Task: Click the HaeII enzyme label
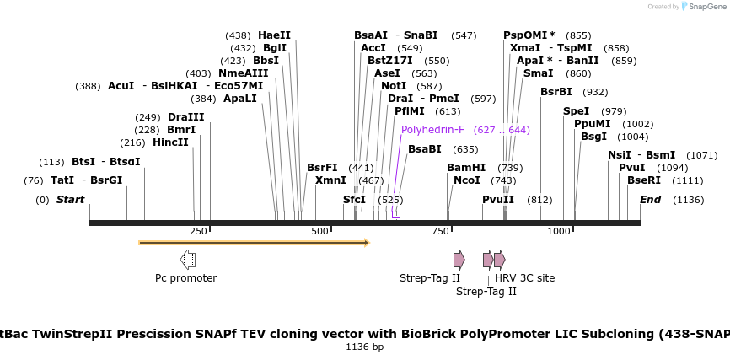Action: tap(274, 35)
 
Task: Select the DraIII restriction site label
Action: tap(185, 117)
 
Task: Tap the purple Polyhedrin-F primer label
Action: tap(432, 130)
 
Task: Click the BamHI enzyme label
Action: tap(466, 168)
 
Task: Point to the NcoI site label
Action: tap(466, 180)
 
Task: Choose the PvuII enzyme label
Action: tap(498, 200)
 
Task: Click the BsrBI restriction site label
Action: tap(556, 92)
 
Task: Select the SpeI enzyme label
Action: tap(576, 111)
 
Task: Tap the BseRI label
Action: tap(644, 180)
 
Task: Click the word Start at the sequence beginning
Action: tap(71, 200)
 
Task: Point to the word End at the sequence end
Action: tap(650, 200)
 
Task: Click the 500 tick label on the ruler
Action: tap(320, 231)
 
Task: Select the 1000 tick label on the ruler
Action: tap(560, 231)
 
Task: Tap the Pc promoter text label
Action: tap(185, 278)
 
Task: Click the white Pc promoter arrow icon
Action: tap(188, 260)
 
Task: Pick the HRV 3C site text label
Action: tap(524, 278)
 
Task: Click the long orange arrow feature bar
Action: tap(253, 243)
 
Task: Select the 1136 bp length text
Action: tap(365, 347)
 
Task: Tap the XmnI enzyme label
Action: tap(330, 180)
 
